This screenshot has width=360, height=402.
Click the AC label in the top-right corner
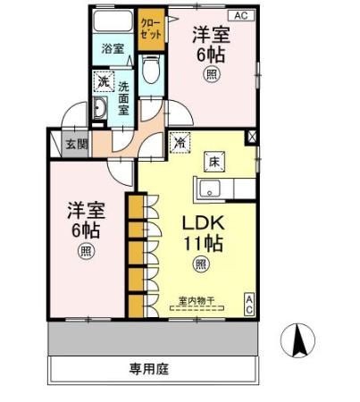[239, 15]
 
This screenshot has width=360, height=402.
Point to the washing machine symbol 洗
[104, 82]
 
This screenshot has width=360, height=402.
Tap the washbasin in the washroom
[101, 111]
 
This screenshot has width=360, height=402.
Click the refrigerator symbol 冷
[180, 141]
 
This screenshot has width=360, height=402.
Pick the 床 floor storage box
[214, 162]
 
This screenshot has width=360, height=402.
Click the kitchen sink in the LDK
[210, 188]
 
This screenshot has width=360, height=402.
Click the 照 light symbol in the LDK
[202, 264]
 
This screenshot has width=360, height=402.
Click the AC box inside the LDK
[250, 304]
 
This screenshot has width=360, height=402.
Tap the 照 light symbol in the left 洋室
[86, 250]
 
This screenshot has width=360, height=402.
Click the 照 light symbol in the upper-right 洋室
[212, 74]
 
